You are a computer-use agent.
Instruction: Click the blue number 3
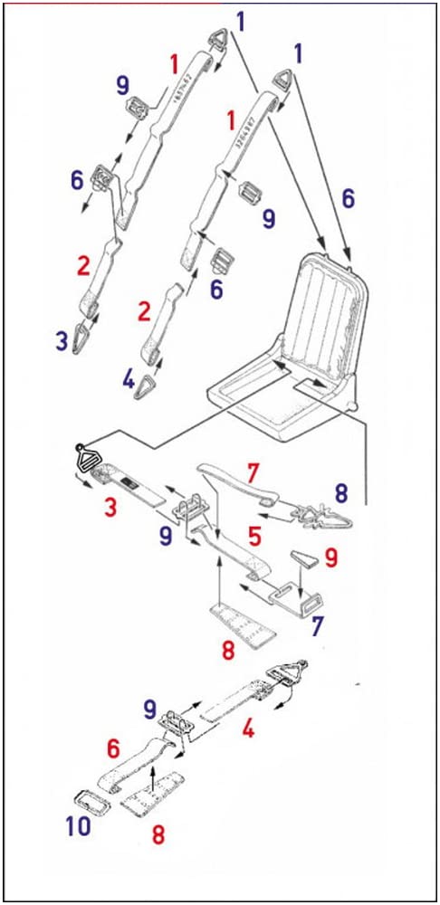pyautogui.click(x=62, y=341)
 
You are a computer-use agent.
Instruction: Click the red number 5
pyautogui.click(x=256, y=537)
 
